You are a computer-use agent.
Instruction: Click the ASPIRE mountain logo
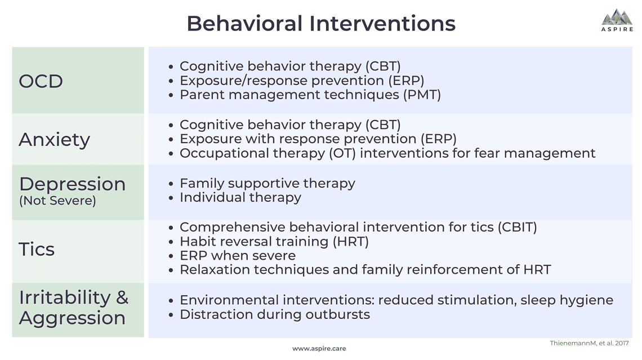tap(617, 20)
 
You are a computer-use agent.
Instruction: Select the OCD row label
tap(41, 81)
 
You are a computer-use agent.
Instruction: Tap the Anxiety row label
tap(54, 139)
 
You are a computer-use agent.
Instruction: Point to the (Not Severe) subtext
tap(57, 201)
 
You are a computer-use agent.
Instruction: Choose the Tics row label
tap(37, 249)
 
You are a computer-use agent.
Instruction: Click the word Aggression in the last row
tap(72, 318)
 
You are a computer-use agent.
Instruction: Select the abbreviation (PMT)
tap(421, 95)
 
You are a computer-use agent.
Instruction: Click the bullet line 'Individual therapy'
tap(240, 198)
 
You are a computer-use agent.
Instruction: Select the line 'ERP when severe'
tap(237, 256)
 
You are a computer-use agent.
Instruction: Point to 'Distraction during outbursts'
tap(274, 314)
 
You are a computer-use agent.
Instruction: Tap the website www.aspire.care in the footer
tap(319, 349)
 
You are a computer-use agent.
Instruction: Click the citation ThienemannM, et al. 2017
tap(589, 343)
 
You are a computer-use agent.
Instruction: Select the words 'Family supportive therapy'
tap(267, 184)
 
